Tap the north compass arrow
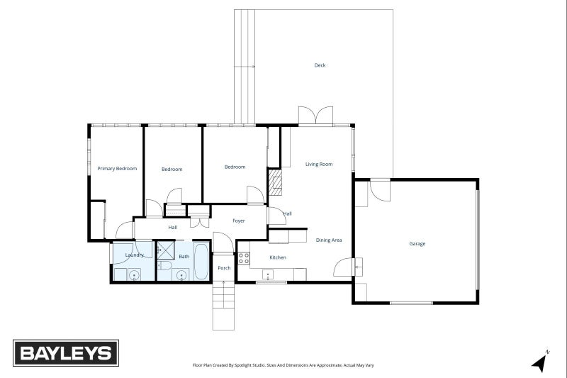point(541,362)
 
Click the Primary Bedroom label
point(117,169)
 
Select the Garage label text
point(417,243)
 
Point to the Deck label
point(320,65)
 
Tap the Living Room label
point(319,165)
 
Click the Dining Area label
point(329,240)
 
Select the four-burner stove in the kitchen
point(244,257)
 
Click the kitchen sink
point(268,274)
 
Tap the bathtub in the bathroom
point(202,262)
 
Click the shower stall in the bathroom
point(165,250)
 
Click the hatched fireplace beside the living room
point(275,184)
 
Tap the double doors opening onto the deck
point(315,116)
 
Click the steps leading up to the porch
point(223,305)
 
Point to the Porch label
point(224,268)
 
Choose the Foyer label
point(239,221)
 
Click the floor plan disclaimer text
point(283,365)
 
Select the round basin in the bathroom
point(183,274)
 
